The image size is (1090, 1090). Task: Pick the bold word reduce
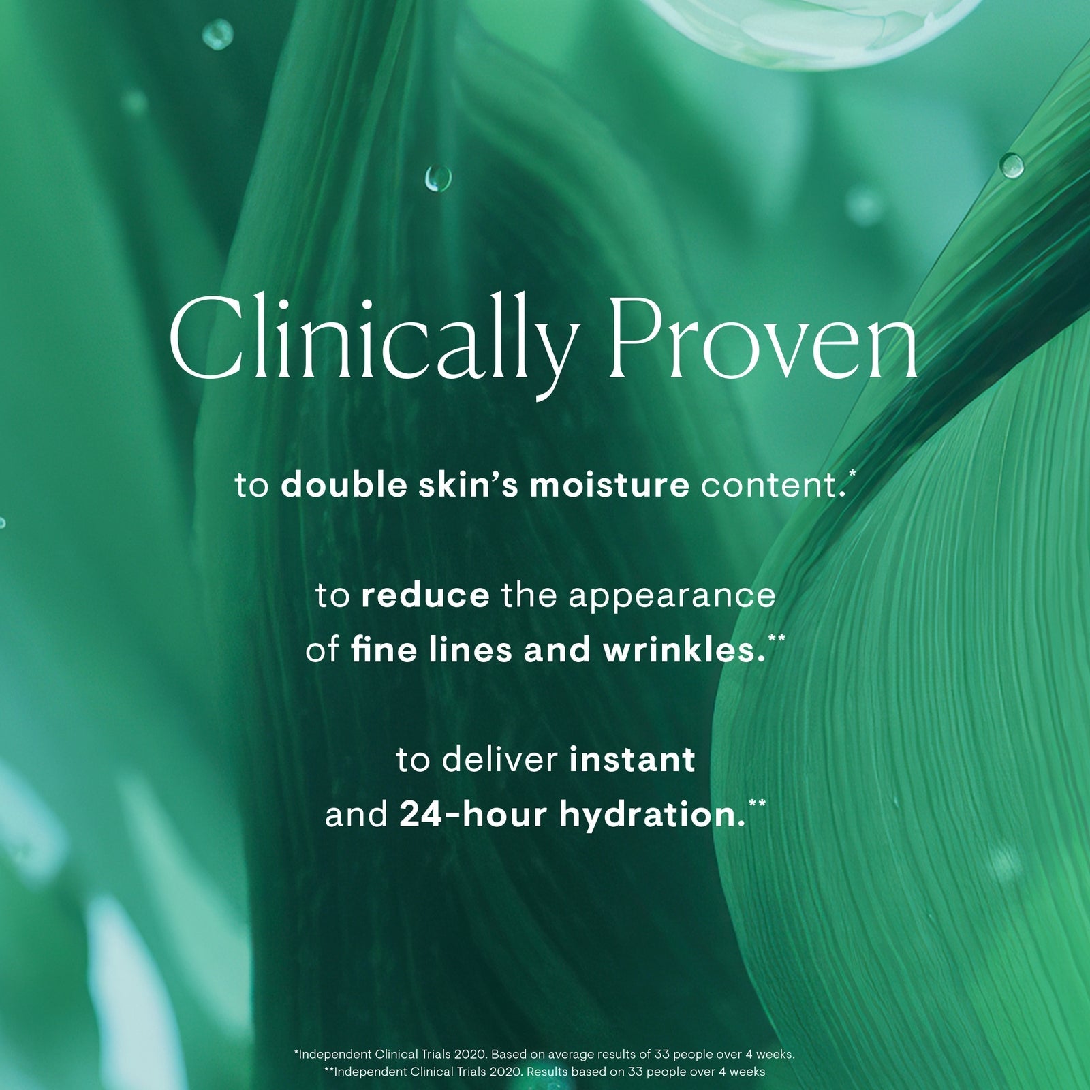tap(426, 596)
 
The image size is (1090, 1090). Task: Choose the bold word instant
tap(632, 760)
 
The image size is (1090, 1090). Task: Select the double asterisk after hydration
tap(757, 803)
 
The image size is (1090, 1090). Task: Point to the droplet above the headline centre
tap(438, 179)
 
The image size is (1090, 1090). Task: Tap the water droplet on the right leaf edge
tap(1012, 164)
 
